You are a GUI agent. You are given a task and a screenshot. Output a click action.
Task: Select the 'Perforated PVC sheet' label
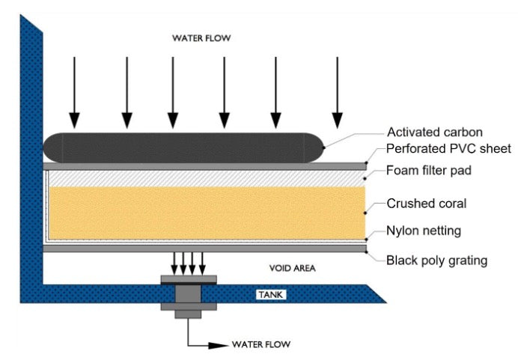(x=447, y=149)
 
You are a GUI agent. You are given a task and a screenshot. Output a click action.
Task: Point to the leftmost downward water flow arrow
(x=73, y=94)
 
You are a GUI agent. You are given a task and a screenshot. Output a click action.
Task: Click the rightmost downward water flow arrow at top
(x=338, y=94)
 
